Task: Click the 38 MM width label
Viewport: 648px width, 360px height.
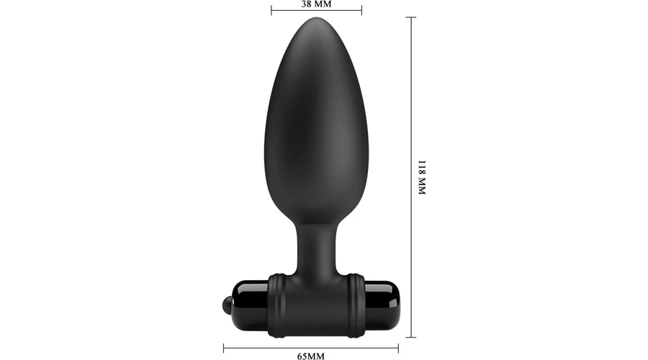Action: click(316, 4)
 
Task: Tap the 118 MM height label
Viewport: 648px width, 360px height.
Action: click(421, 177)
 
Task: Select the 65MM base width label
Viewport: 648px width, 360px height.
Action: click(311, 356)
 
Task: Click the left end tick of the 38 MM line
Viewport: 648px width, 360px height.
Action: click(271, 10)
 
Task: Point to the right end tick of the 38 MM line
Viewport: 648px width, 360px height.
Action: click(361, 10)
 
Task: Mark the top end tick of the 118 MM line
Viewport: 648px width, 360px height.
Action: click(411, 17)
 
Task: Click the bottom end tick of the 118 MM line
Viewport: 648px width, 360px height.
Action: click(411, 337)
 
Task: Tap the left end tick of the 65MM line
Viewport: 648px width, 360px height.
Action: click(224, 348)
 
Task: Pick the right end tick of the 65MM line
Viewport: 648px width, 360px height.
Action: click(398, 348)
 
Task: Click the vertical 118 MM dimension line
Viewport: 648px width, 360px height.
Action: click(411, 177)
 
